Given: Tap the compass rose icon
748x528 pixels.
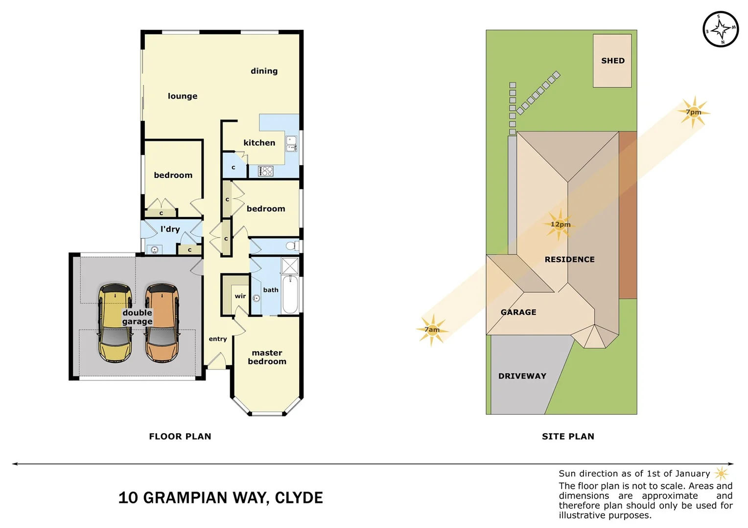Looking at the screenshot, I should [x=720, y=29].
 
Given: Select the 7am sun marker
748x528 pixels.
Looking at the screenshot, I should [x=432, y=330].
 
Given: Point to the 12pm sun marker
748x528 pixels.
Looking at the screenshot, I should [x=559, y=224].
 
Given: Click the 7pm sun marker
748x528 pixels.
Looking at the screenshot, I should [x=693, y=112].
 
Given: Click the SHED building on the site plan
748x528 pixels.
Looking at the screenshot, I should [x=612, y=61].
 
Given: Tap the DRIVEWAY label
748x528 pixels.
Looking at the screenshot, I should [x=522, y=376].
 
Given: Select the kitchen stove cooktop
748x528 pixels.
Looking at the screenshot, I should [x=265, y=171].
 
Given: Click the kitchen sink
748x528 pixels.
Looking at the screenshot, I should [x=291, y=144].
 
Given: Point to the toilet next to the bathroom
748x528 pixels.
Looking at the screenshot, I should [x=292, y=245].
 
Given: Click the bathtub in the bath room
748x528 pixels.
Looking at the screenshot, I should [x=290, y=294].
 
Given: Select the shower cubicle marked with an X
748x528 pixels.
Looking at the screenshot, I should [x=290, y=266].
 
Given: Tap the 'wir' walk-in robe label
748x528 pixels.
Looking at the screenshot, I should [x=240, y=296].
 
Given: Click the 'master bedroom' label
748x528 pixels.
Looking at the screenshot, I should [x=267, y=357].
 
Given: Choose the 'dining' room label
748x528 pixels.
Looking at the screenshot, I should [x=264, y=71].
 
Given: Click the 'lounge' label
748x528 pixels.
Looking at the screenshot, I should [x=183, y=96].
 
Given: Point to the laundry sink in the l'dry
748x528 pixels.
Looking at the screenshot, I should [x=154, y=250].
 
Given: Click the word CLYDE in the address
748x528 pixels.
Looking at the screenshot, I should [x=299, y=498].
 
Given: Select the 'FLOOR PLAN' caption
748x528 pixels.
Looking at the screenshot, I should [x=180, y=436].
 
